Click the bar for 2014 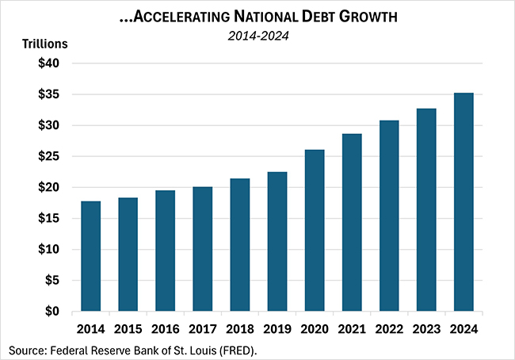[90, 256]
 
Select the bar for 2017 [202, 249]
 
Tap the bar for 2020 [315, 231]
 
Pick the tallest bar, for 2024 [463, 202]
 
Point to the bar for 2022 [389, 216]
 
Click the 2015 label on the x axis [128, 328]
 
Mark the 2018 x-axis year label [239, 328]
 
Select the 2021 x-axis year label [352, 328]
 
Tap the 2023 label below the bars [426, 328]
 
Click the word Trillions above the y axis [43, 44]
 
